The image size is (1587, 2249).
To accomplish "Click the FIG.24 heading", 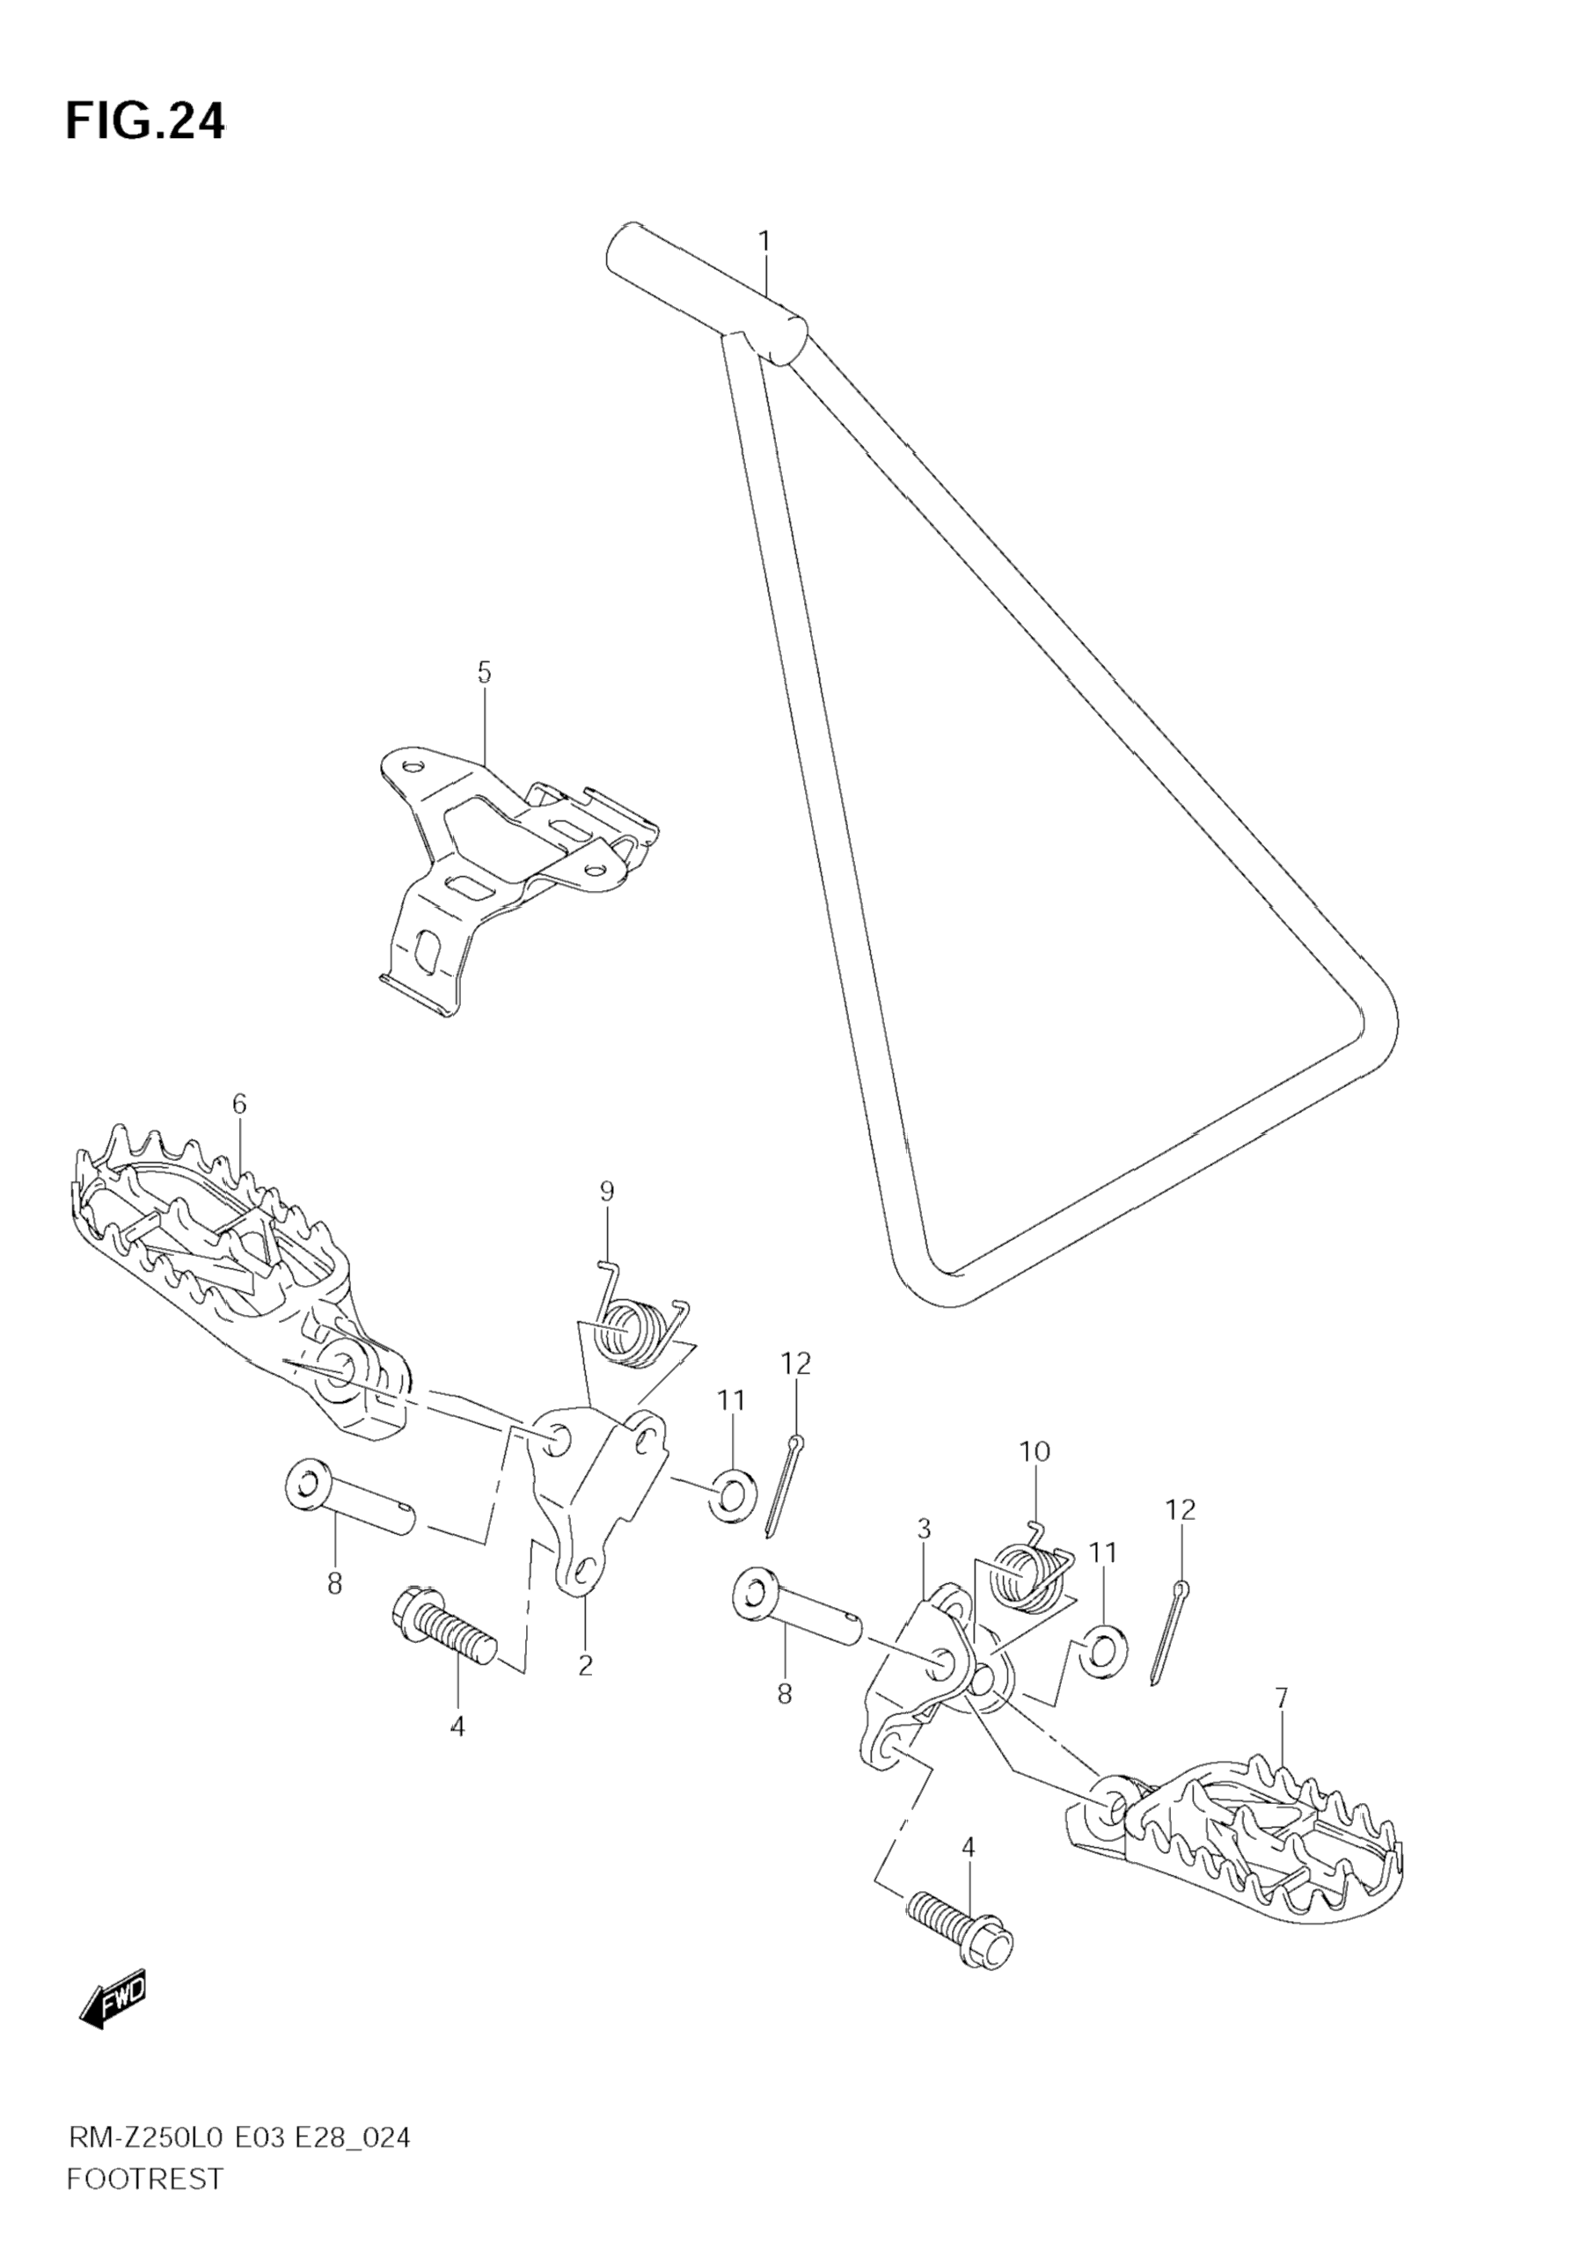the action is point(145,122).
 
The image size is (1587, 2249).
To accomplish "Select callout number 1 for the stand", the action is point(764,241).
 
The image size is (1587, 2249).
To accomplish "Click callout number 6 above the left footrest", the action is point(239,1104).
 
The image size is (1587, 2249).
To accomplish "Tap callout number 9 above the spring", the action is point(606,1191).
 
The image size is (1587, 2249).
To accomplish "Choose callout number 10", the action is point(1035,1450).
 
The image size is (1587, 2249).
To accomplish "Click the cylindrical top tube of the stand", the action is point(706,294).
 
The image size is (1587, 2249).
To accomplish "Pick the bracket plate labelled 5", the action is point(500,862).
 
